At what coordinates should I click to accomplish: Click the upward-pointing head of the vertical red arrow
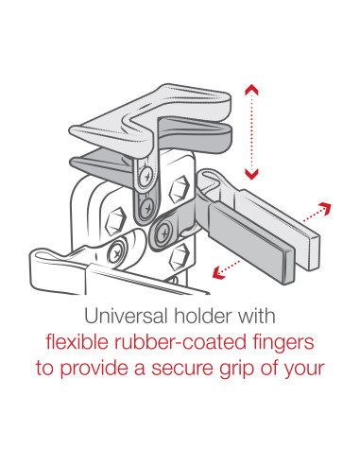click(250, 90)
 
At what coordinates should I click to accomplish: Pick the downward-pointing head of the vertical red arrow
click(250, 173)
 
